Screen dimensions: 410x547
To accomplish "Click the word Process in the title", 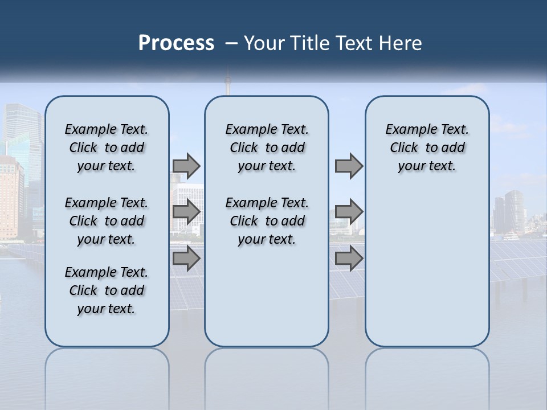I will tap(176, 43).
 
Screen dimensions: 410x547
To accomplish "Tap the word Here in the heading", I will tap(399, 43).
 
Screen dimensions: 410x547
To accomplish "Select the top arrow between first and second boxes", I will tap(186, 166).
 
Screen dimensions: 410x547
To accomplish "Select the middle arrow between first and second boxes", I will tap(186, 212).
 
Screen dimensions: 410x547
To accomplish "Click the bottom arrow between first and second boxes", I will tap(186, 259).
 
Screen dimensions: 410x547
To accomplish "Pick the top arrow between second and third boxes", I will tap(349, 166).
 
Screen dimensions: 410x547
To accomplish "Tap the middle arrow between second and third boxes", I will tap(349, 212).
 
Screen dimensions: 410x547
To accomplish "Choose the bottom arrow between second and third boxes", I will tap(349, 259).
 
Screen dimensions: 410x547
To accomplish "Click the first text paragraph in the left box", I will tap(107, 147).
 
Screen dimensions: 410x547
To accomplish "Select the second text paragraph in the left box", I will tap(107, 221).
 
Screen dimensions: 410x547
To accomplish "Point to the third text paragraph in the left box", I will tap(107, 290).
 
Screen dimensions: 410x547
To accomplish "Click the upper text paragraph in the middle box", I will tap(267, 147).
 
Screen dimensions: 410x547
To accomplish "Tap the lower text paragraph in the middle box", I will tap(267, 221).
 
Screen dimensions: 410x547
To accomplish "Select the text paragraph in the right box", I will tap(427, 147).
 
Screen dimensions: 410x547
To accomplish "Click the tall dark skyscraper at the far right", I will tap(515, 211).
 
